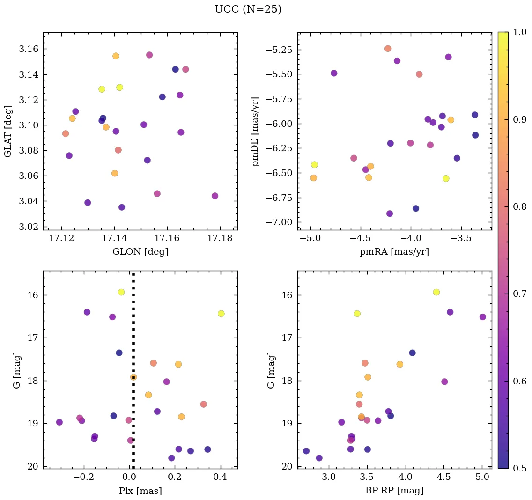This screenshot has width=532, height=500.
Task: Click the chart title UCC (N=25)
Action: [248, 9]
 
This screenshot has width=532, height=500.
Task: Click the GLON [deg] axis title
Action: [140, 252]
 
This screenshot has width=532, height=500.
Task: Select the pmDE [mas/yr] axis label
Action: [255, 131]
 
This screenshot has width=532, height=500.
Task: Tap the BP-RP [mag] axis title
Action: [394, 491]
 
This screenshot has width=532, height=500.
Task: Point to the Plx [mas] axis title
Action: [140, 491]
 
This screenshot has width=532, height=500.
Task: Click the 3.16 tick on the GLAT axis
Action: [32, 49]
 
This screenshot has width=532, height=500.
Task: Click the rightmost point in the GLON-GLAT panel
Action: [215, 196]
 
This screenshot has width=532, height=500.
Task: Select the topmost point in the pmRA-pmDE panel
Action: [388, 49]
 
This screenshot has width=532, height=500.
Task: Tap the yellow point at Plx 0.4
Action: [221, 314]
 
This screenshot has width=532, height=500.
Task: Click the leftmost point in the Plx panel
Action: [59, 422]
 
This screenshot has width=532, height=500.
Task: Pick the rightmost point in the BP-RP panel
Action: [483, 317]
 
